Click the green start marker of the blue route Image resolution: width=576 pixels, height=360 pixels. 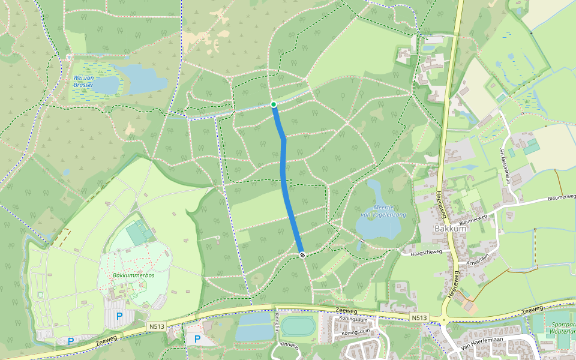[274, 105]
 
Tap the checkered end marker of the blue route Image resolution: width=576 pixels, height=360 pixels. [302, 255]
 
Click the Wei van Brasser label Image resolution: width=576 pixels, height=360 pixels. [83, 82]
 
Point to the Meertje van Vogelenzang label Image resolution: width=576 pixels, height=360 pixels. [383, 211]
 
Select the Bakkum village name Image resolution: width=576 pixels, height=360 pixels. [449, 229]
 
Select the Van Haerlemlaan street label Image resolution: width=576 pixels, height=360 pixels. [480, 348]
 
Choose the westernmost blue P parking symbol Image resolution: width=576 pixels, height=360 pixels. [71, 341]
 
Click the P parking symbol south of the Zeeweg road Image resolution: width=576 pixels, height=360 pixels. [197, 339]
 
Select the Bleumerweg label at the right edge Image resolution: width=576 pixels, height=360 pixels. [562, 197]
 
